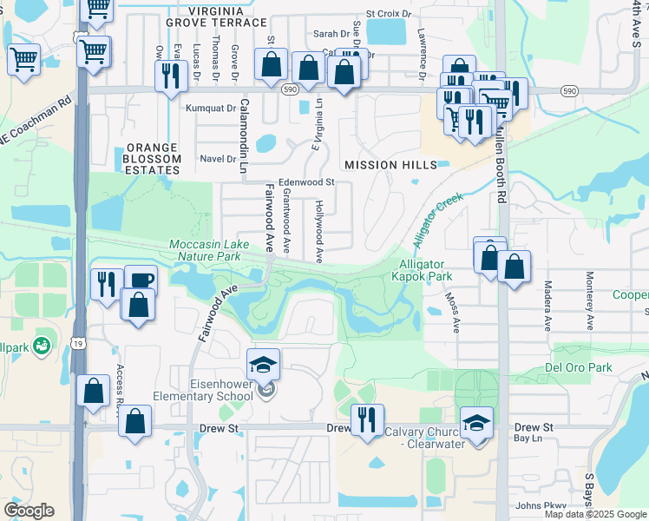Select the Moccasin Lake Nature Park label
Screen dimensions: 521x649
pos(205,250)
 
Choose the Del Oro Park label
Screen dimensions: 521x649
pos(579,367)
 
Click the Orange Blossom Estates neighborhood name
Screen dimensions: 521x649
pos(153,159)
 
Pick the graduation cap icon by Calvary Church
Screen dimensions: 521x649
pos(476,423)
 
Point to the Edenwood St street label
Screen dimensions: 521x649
pos(300,182)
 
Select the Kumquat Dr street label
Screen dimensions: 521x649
pos(212,109)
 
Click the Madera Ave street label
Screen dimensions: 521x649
pos(547,304)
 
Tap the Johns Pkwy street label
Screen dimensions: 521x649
pos(540,505)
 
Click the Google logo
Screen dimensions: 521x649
pos(29,511)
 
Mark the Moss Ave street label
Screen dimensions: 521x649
pos(453,312)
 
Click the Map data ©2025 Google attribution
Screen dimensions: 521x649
pos(595,514)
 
